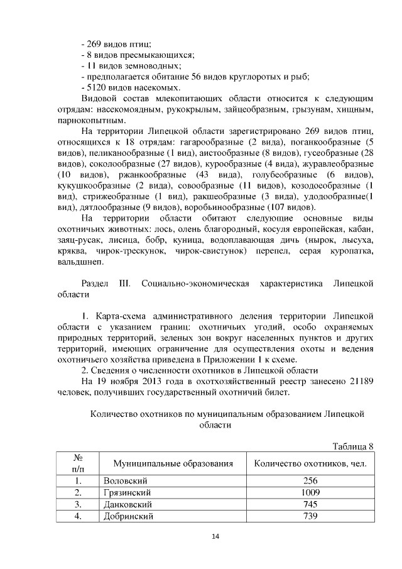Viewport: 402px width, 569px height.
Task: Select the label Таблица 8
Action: pos(353,446)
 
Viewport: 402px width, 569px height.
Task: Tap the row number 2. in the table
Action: pos(78,492)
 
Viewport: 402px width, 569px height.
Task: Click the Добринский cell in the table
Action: pos(128,516)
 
